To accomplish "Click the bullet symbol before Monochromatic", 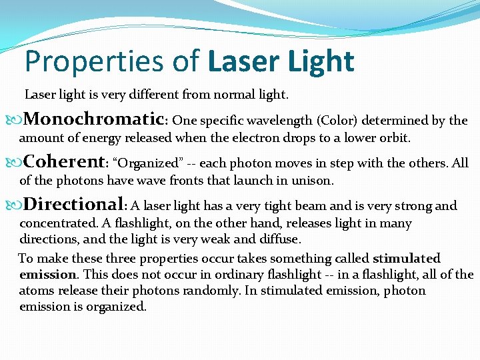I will click(x=16, y=121).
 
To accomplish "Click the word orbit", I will click(x=395, y=138).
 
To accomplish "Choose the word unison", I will click(x=313, y=181).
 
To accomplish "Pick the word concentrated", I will click(x=58, y=223).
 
